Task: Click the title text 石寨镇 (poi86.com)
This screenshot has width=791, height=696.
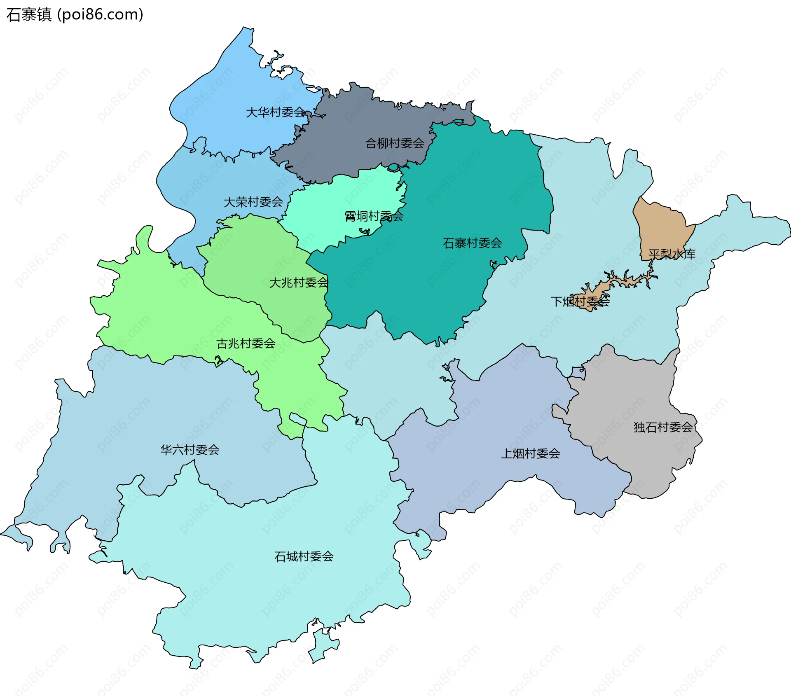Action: pos(75,14)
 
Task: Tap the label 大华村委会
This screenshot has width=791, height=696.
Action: pos(275,112)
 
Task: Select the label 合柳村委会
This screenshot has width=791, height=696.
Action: pos(395,143)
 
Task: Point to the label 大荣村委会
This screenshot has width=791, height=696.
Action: pos(253,202)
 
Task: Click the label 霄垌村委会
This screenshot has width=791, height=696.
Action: pos(374,216)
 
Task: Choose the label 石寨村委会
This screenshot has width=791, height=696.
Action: pos(472,243)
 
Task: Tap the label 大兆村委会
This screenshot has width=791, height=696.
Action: pos(298,283)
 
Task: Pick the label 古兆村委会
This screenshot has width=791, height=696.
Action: pos(246,343)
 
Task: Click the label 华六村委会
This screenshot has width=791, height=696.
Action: pos(190,449)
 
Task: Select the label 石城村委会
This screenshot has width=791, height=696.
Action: pos(304,556)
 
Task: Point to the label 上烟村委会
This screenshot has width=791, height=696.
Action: pos(530,453)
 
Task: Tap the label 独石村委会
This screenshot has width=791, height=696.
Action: pos(663,427)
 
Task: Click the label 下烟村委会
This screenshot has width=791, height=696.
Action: pos(580,301)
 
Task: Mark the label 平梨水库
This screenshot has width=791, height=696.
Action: pos(672,254)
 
